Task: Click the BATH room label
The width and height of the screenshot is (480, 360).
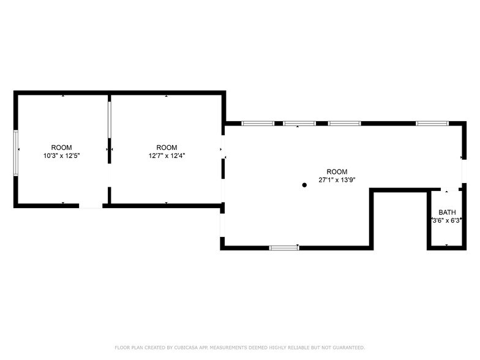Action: [x=447, y=212]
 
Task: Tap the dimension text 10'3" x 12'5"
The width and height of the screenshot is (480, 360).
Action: [x=61, y=156]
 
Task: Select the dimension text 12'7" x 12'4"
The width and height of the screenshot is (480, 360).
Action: [x=167, y=156]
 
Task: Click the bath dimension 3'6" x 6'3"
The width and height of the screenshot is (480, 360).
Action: [x=447, y=220]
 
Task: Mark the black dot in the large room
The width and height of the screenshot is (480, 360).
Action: [x=304, y=184]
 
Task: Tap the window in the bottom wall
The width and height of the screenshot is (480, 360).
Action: [x=283, y=247]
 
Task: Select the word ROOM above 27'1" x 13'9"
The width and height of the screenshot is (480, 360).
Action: [x=337, y=171]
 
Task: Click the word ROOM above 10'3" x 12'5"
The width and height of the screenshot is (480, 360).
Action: [x=61, y=148]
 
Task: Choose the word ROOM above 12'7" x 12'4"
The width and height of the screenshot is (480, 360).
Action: [x=167, y=148]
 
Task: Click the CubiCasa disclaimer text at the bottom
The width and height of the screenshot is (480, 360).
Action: [x=239, y=347]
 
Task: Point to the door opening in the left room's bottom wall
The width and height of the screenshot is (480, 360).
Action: [x=91, y=206]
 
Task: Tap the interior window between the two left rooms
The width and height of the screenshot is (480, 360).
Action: [x=110, y=121]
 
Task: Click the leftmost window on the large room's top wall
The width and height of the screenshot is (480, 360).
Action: [x=258, y=124]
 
